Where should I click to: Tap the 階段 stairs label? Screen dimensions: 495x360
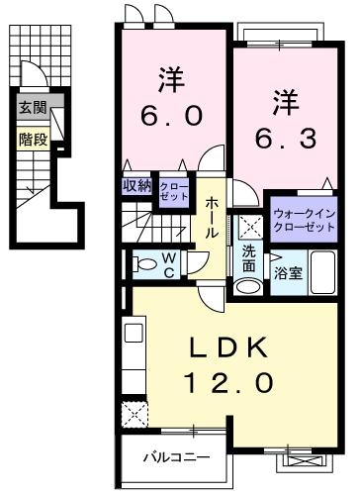tap(33, 139)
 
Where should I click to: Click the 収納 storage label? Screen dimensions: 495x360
tap(135, 185)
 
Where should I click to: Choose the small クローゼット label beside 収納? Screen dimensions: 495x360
tap(173, 191)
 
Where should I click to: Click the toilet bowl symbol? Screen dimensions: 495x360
tap(145, 264)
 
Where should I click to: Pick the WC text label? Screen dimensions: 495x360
tap(170, 263)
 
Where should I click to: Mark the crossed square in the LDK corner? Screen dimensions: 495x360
tap(134, 415)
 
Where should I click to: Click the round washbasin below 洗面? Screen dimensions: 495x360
tap(247, 285)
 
